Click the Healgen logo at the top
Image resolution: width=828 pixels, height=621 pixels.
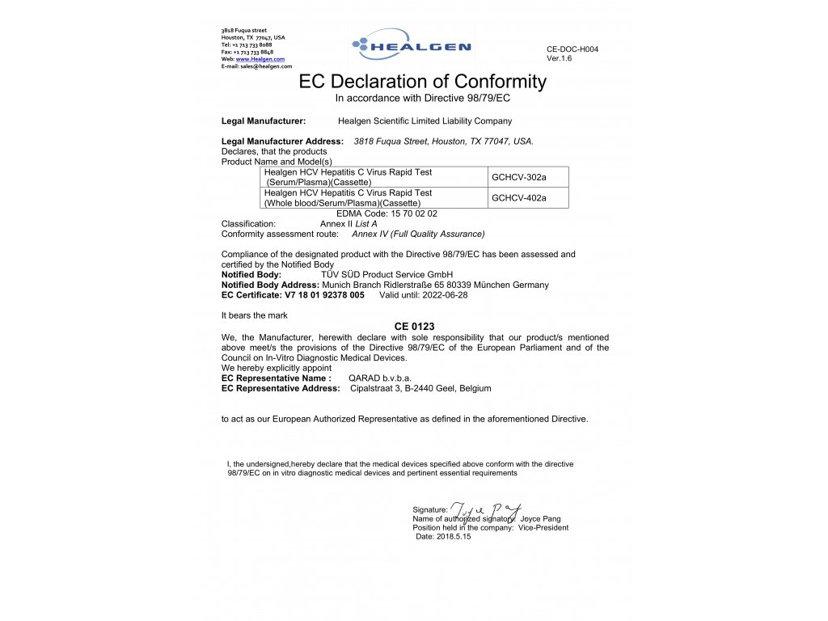[x=411, y=46]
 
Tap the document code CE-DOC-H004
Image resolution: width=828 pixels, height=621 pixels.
[x=572, y=49]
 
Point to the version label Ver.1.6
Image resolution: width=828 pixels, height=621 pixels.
[x=559, y=58]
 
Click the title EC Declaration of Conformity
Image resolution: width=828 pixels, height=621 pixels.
[x=422, y=82]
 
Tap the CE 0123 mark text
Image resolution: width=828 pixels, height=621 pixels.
[x=415, y=326]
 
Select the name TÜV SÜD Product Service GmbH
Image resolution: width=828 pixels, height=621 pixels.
[x=387, y=275]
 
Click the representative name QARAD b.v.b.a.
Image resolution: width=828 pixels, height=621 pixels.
[x=379, y=378]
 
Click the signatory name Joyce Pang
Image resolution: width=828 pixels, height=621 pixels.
[x=541, y=518]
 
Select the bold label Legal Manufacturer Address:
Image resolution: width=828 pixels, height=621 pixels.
[x=282, y=142]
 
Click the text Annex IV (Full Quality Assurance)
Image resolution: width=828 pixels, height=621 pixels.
[x=418, y=234]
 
